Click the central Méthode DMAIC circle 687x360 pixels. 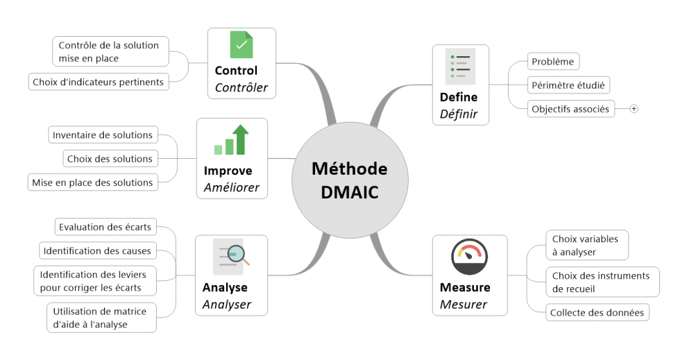pyautogui.click(x=350, y=180)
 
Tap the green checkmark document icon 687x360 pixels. pyautogui.click(x=241, y=44)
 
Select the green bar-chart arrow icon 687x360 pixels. pyautogui.click(x=231, y=139)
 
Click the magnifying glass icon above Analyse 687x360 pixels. pyautogui.click(x=231, y=257)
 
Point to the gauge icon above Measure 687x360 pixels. pyautogui.click(x=469, y=257)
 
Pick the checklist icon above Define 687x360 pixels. pyautogui.click(x=460, y=67)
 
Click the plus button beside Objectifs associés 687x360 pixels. pyautogui.click(x=634, y=109)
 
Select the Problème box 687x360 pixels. pyautogui.click(x=553, y=61)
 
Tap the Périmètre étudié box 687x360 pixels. pyautogui.click(x=568, y=85)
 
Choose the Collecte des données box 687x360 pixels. pyautogui.click(x=597, y=312)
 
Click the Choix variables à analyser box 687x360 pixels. pyautogui.click(x=587, y=246)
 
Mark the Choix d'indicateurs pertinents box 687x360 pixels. pyautogui.click(x=99, y=82)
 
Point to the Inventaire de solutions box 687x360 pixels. pyautogui.click(x=103, y=135)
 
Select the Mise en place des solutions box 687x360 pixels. pyautogui.click(x=92, y=182)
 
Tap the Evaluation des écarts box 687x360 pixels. pyautogui.click(x=105, y=227)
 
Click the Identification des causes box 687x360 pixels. pyautogui.click(x=97, y=250)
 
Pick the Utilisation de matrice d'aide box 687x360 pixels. pyautogui.click(x=101, y=318)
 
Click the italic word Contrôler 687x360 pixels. pyautogui.click(x=241, y=87)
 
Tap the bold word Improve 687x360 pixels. pyautogui.click(x=228, y=171)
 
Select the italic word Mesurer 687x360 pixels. pyautogui.click(x=464, y=305)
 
